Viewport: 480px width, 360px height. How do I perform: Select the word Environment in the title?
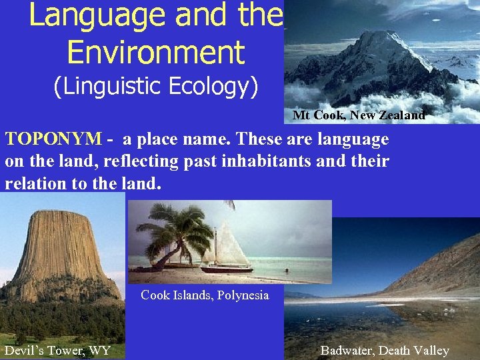pos(157,53)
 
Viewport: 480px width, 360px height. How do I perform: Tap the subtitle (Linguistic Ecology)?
pos(155,87)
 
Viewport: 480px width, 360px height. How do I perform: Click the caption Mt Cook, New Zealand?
pos(359,115)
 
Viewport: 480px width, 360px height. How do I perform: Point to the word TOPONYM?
pos(53,139)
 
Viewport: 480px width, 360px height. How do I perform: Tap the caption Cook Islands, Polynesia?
pos(205,295)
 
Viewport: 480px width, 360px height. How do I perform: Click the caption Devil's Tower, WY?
pos(57,350)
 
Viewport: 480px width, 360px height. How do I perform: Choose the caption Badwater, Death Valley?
pos(385,350)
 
